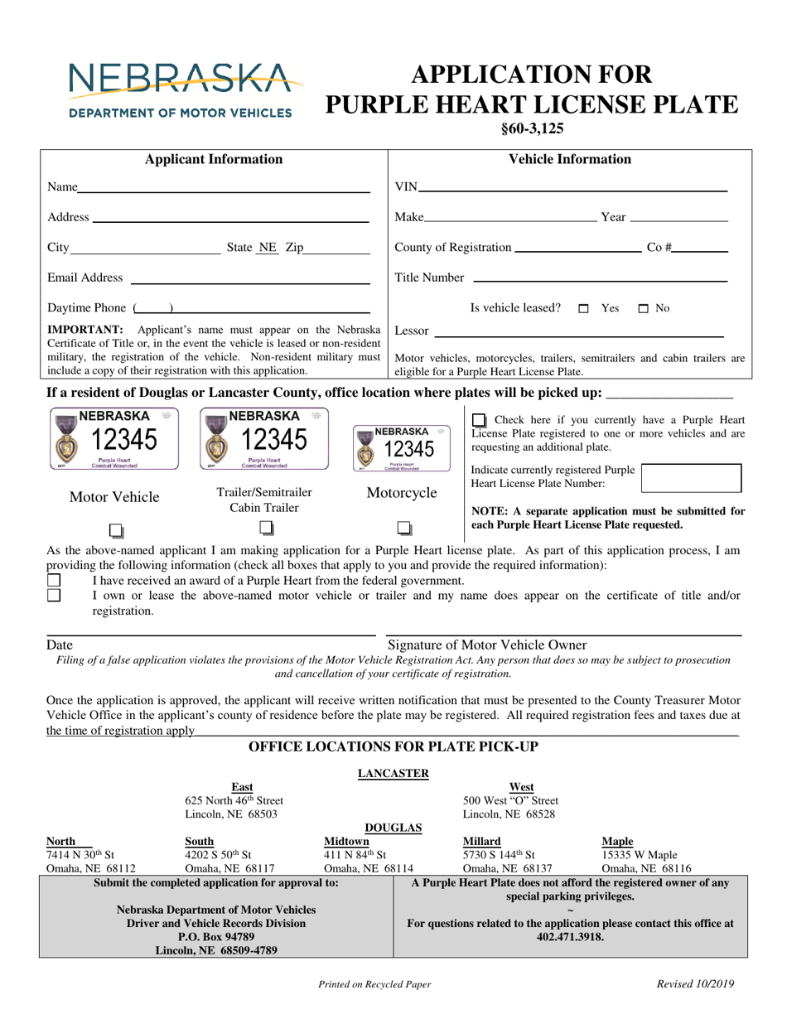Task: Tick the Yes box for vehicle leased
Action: tap(584, 309)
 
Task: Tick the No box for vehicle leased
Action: tap(644, 309)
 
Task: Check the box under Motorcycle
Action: tap(403, 528)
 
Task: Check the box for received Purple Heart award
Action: tap(54, 580)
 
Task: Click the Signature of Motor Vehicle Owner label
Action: tap(487, 645)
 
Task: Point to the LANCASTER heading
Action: tap(393, 773)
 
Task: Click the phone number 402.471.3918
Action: tap(570, 937)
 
